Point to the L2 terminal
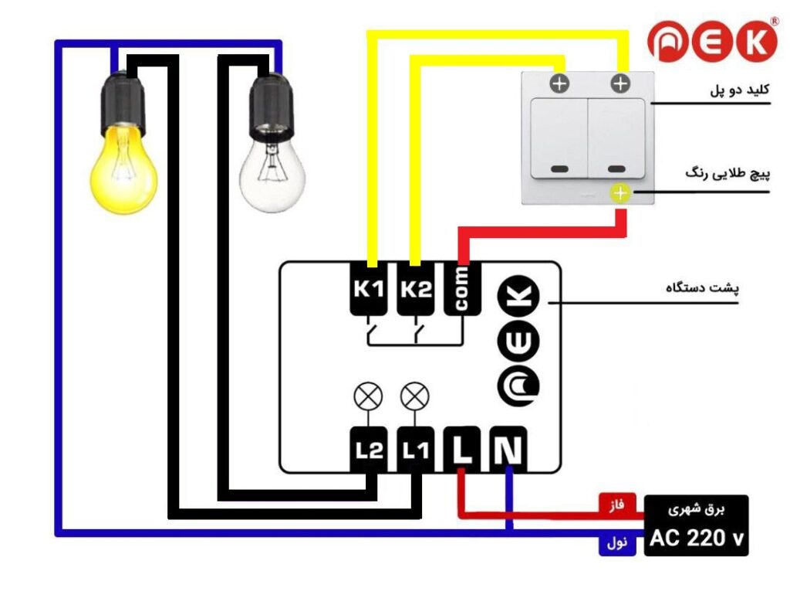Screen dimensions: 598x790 coord(368,450)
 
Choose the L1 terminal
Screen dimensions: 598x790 coord(415,450)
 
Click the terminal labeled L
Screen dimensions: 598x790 coord(462,450)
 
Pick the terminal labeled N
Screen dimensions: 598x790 coord(508,450)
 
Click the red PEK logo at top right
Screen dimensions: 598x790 coord(711,42)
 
